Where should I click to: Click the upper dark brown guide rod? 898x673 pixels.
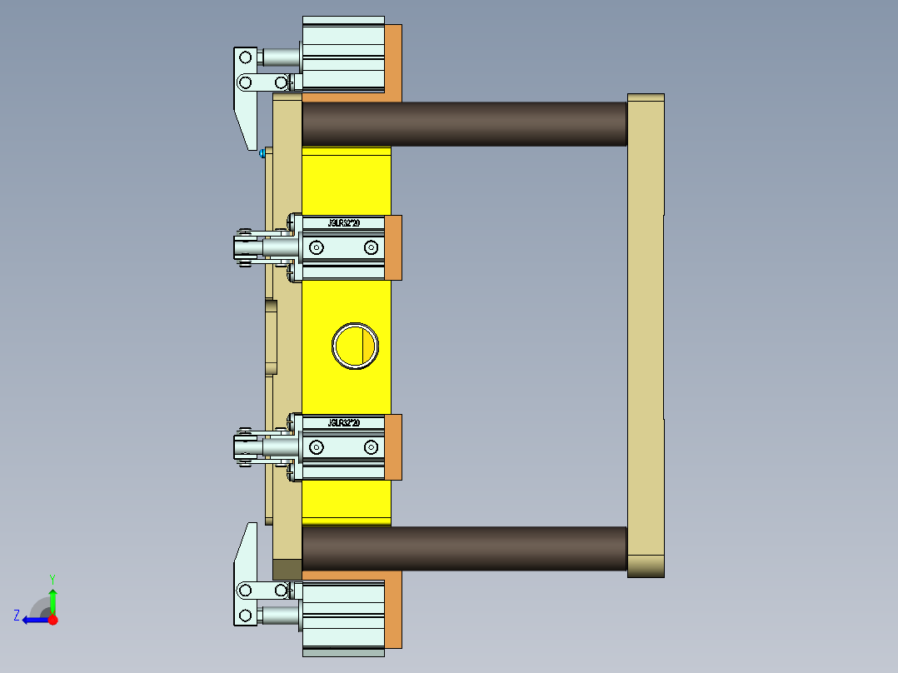463,124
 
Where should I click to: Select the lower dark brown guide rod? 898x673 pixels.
463,548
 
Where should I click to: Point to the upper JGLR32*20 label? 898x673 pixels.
343,223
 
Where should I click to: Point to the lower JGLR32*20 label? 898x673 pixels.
343,423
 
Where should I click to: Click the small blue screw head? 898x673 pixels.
262,152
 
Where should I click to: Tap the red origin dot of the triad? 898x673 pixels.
52,620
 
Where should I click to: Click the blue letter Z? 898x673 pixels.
17,616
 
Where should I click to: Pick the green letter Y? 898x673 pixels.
52,578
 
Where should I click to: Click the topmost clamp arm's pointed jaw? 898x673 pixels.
247,125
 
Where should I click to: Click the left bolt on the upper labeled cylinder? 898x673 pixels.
317,247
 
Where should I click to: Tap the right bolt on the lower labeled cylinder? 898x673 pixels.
371,448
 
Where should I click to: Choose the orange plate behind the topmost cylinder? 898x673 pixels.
393,62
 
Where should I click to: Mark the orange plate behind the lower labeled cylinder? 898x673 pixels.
393,447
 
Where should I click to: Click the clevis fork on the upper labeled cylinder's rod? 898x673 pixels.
244,247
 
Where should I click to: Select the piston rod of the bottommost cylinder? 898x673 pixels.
279,616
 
